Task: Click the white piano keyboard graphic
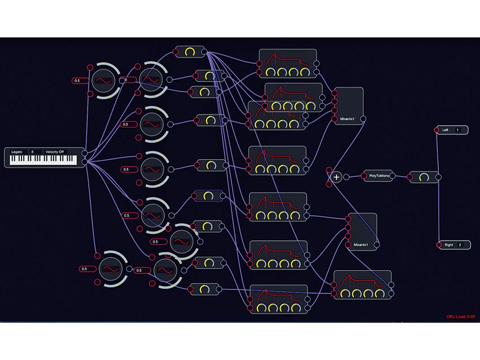coord(42,161)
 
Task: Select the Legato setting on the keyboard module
coord(17,152)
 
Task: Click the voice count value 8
coord(32,152)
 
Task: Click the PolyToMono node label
coord(379,177)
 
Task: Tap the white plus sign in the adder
coord(337,177)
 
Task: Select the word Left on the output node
coord(446,130)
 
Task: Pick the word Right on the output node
coord(448,245)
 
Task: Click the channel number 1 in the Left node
coord(458,130)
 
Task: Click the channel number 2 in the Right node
coord(460,245)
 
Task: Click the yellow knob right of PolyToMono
coord(424,177)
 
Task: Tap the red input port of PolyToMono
coord(365,177)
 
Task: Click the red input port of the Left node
coord(437,130)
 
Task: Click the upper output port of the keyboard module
coord(84,153)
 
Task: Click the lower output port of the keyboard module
coord(84,163)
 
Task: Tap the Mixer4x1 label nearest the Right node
coord(360,245)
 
